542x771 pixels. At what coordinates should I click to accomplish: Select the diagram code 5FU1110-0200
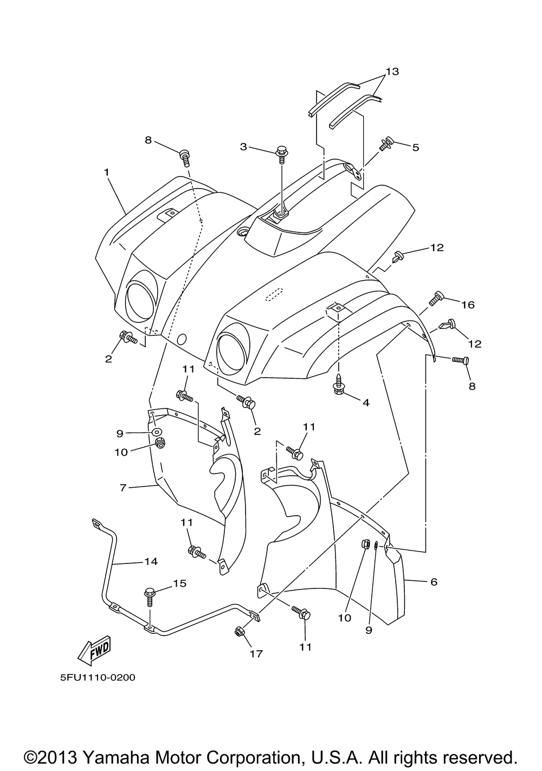coord(94,677)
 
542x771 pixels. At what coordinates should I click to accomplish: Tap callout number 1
coord(107,172)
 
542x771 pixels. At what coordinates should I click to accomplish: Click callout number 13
coord(392,72)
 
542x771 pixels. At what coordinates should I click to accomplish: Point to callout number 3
coord(243,146)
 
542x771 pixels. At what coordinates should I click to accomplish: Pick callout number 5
coord(415,147)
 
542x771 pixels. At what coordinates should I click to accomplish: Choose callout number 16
coord(467,305)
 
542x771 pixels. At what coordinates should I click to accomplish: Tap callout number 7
coord(123,488)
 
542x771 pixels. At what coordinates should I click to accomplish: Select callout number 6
coord(433,582)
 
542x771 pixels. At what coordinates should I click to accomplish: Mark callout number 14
coord(151,561)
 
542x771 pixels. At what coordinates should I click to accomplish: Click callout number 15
coord(179,583)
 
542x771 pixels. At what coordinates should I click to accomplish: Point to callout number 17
coord(256,653)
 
